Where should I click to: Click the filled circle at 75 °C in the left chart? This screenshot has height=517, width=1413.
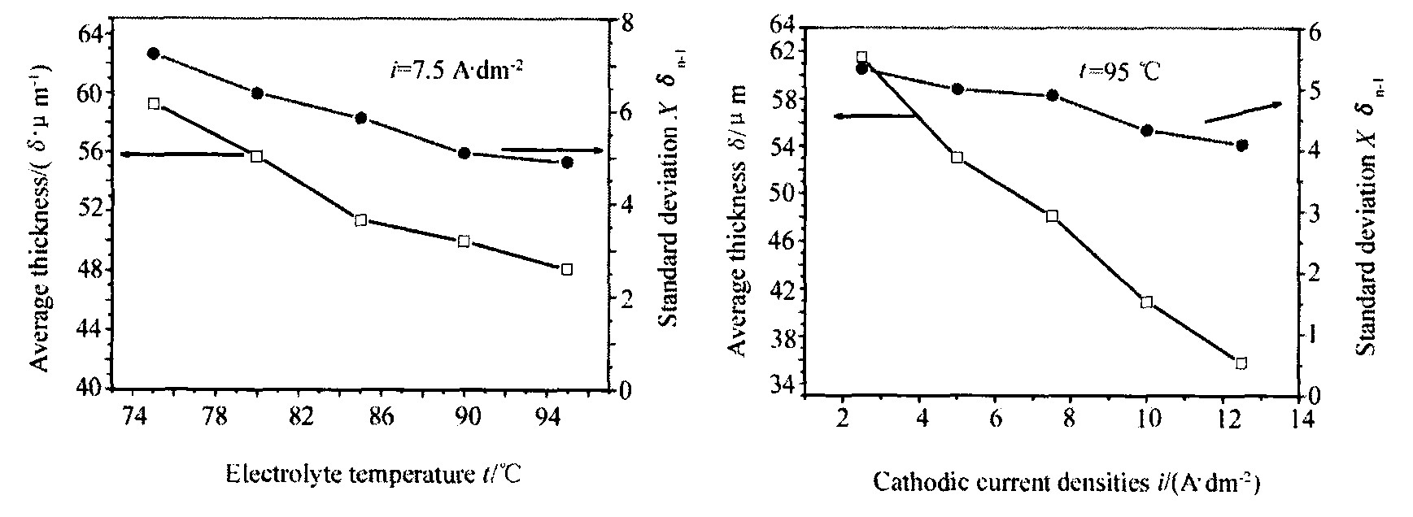point(153,54)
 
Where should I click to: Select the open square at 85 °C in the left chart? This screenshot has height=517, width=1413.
point(360,220)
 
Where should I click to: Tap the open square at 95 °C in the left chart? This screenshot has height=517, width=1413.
point(567,269)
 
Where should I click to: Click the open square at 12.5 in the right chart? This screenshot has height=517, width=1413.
point(1241,363)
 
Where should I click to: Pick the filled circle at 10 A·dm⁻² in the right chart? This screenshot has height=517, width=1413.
point(1147,130)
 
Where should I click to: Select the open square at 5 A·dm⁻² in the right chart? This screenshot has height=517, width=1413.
point(957,157)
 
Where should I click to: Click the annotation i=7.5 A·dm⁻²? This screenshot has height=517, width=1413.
point(454,69)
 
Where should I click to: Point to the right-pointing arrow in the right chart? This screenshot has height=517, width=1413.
point(1241,113)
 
